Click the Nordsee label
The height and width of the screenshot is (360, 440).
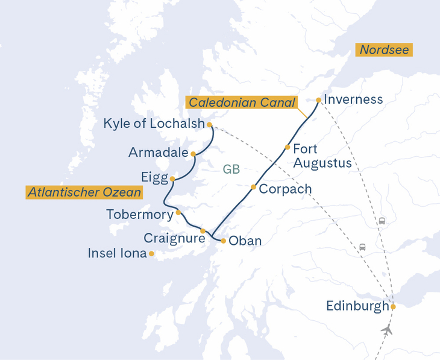[x=384, y=50]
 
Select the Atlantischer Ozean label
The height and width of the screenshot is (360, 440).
[x=84, y=192]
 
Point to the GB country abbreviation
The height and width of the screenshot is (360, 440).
[x=231, y=169]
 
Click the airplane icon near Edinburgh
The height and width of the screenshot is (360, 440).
[x=387, y=330]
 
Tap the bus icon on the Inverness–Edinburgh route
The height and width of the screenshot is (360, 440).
[x=382, y=221]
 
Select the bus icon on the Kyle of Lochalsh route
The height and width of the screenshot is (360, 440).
[x=362, y=247]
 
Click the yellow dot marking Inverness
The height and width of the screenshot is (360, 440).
[x=318, y=100]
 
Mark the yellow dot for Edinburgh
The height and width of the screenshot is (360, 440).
[x=393, y=307]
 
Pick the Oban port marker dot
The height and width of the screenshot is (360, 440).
[x=224, y=241]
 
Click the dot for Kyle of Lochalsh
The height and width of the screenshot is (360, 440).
[x=209, y=125]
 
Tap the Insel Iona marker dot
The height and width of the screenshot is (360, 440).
[x=151, y=254]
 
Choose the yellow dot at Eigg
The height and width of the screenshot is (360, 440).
[x=172, y=179]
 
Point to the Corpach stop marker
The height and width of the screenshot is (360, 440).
[x=253, y=187]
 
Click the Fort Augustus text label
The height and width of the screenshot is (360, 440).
[x=322, y=156]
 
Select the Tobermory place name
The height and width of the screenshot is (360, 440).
[x=139, y=214]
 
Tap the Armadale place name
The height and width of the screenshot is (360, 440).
[x=159, y=153]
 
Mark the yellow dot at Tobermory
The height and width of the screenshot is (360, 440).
[x=178, y=212]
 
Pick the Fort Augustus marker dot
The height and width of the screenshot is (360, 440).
[x=288, y=147]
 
